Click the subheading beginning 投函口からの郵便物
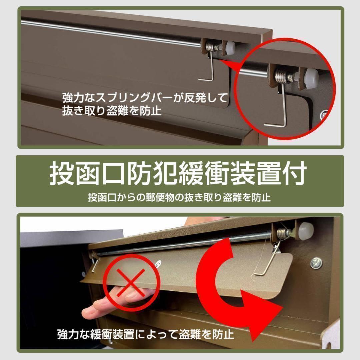179,197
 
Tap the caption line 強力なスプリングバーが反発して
145,98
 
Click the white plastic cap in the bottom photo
306,230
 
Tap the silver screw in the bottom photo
316,263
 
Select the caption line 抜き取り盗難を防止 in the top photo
112,110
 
